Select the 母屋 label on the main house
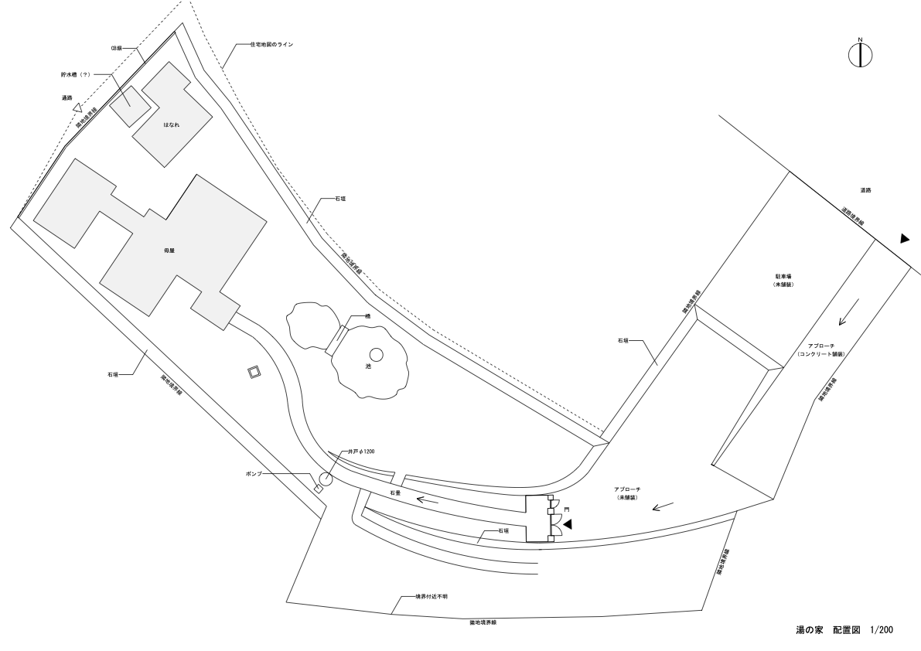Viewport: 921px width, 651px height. click(x=169, y=251)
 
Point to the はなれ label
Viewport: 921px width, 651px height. click(x=171, y=124)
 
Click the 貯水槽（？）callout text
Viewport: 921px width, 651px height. click(x=76, y=75)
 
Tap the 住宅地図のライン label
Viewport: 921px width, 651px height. click(x=271, y=45)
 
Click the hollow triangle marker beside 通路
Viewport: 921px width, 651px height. click(x=77, y=109)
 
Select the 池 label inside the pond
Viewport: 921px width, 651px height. click(x=368, y=366)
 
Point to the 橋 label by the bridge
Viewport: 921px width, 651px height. click(x=369, y=317)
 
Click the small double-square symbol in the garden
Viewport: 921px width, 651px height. click(x=254, y=373)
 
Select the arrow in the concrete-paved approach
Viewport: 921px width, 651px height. click(x=847, y=313)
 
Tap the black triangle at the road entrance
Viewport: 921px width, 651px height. click(x=904, y=239)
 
